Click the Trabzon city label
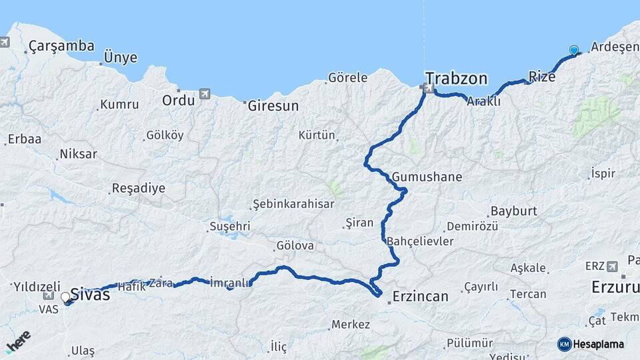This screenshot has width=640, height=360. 457,78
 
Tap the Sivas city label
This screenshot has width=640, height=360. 89,295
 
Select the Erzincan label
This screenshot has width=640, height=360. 420,296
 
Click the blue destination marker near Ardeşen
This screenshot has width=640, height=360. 574,51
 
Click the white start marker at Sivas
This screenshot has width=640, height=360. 65,297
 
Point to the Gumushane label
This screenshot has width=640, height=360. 427,177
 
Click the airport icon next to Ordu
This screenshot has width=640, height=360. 205,94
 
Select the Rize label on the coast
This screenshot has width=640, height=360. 541,77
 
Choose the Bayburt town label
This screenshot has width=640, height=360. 513,211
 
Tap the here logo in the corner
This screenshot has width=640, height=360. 18,343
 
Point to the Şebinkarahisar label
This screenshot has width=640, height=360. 292,204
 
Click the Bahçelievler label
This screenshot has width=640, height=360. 421,241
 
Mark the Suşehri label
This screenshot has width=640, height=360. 229,226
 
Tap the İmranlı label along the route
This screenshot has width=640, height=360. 230,282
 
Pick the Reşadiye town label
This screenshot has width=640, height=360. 138,188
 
